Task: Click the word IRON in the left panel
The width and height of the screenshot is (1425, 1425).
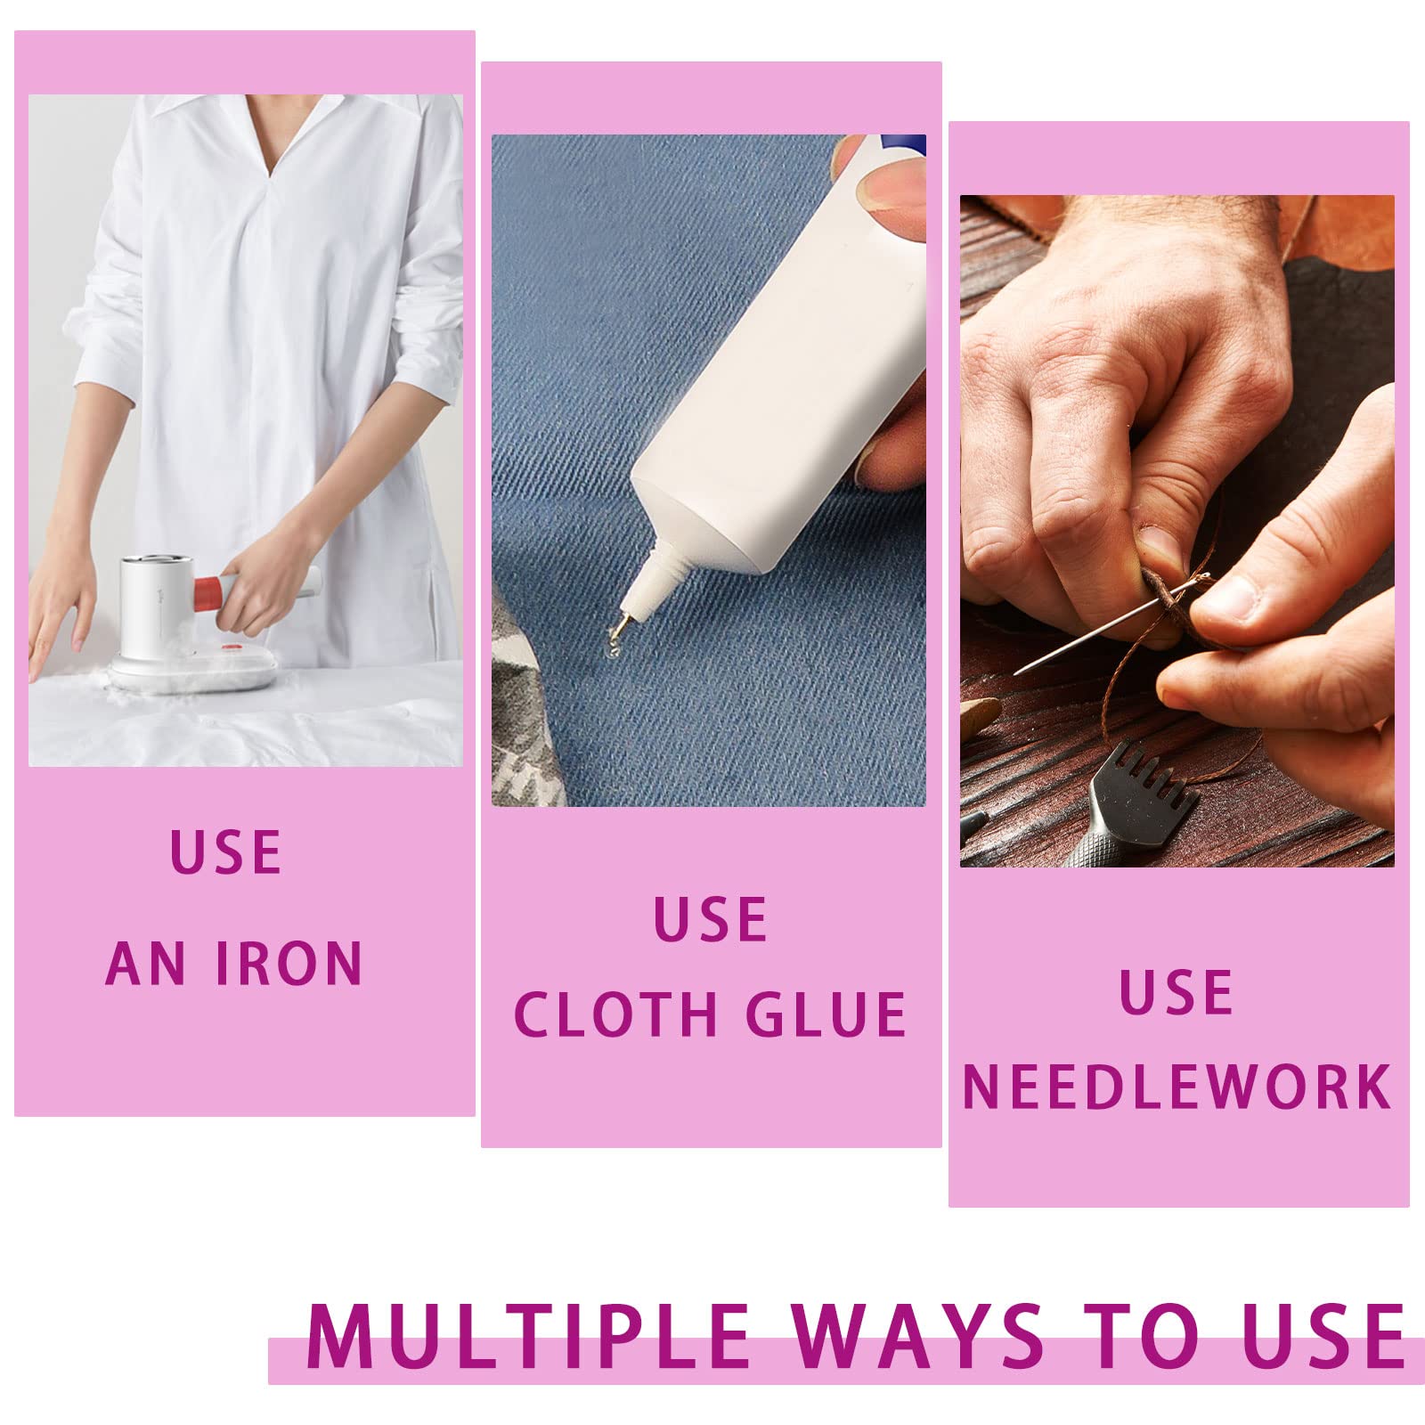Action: coord(289,963)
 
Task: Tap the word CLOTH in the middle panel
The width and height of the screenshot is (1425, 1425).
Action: coord(615,1014)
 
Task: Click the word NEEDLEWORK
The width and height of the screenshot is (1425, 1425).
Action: coord(1177,1087)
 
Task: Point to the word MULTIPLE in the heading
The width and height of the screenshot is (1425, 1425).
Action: coord(529,1337)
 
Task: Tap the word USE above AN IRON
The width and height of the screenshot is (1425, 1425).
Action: coord(226,852)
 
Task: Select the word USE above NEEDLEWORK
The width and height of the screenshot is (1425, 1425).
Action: coord(1177,992)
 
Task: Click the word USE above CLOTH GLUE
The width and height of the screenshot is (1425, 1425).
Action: coord(711,920)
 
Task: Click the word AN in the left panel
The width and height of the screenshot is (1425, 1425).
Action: coord(146,963)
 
